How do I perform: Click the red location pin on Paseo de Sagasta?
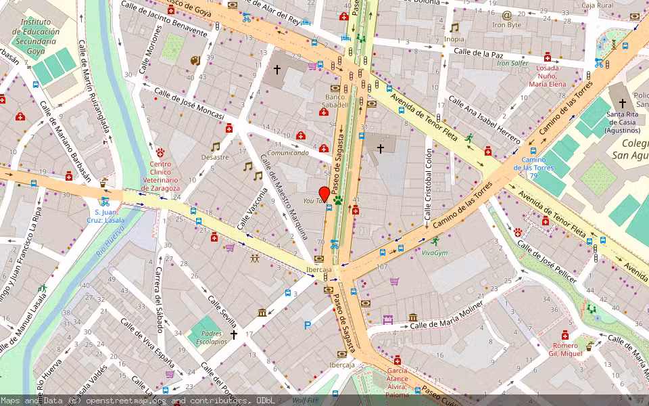click(324, 194)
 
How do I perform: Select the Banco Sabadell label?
click(336, 101)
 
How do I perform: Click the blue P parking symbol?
click(308, 325)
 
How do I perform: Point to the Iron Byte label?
click(507, 25)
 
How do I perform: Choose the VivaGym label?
click(435, 253)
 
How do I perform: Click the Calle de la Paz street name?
click(479, 52)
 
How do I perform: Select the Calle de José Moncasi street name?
click(189, 104)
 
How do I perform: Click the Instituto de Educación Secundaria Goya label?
click(35, 31)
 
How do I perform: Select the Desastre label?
click(215, 157)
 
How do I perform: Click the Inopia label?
click(454, 39)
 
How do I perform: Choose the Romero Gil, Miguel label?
click(565, 349)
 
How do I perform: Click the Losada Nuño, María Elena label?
click(548, 76)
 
